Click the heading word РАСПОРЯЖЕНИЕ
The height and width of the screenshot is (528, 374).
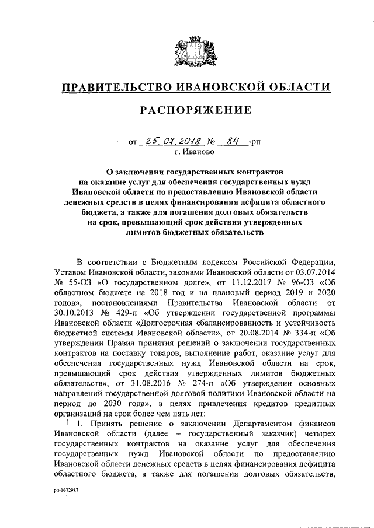point(188,110)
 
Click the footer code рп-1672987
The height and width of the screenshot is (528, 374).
point(65,491)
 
